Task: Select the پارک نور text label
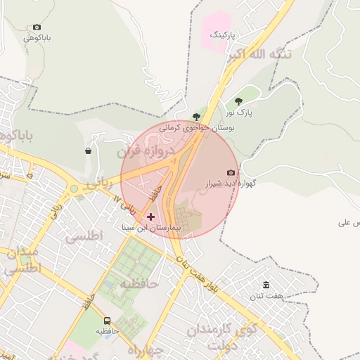point(239,112)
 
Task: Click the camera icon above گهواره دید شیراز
point(231,172)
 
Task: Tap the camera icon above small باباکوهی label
point(37,27)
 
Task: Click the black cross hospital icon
point(150,217)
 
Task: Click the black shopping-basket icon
point(88,151)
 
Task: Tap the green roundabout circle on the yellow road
point(74,188)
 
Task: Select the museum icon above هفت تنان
point(266,285)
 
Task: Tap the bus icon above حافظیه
point(108,320)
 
